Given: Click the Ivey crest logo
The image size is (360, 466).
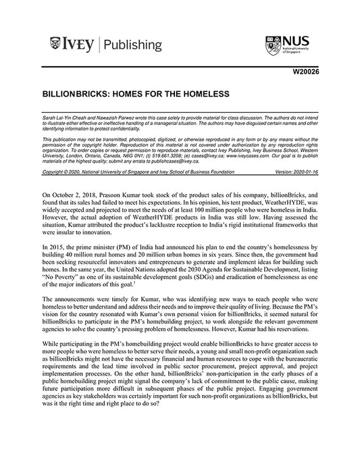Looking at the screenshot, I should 57,45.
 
